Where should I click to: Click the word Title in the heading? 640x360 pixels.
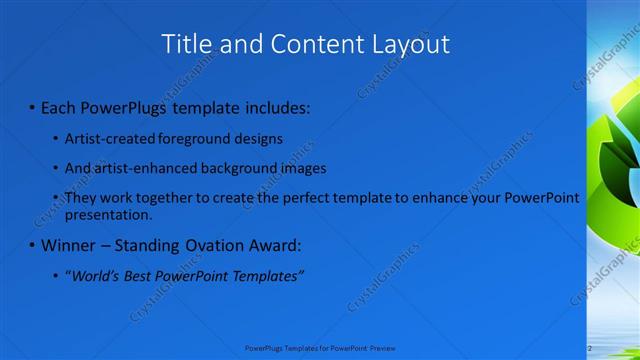[186, 44]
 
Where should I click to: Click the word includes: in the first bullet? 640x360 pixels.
[277, 106]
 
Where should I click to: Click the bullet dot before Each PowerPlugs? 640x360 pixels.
[31, 107]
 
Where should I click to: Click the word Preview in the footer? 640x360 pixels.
[381, 347]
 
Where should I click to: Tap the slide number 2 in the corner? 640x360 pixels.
[590, 347]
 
